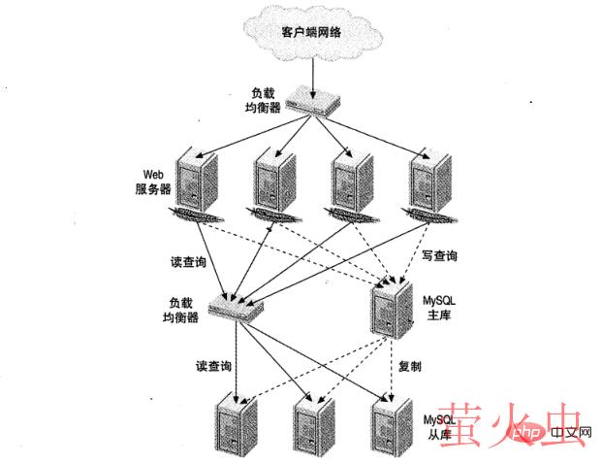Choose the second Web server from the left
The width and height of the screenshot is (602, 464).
pyautogui.click(x=275, y=181)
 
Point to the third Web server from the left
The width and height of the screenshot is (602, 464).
pyautogui.click(x=352, y=181)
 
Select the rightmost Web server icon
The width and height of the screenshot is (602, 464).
pyautogui.click(x=428, y=181)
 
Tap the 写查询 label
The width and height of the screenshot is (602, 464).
pyautogui.click(x=439, y=256)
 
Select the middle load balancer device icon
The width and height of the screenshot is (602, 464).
pyautogui.click(x=235, y=310)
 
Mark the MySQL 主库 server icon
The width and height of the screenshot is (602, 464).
pyautogui.click(x=392, y=308)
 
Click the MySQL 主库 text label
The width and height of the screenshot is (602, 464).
pyautogui.click(x=441, y=309)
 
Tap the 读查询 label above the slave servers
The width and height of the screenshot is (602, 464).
pyautogui.click(x=212, y=367)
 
